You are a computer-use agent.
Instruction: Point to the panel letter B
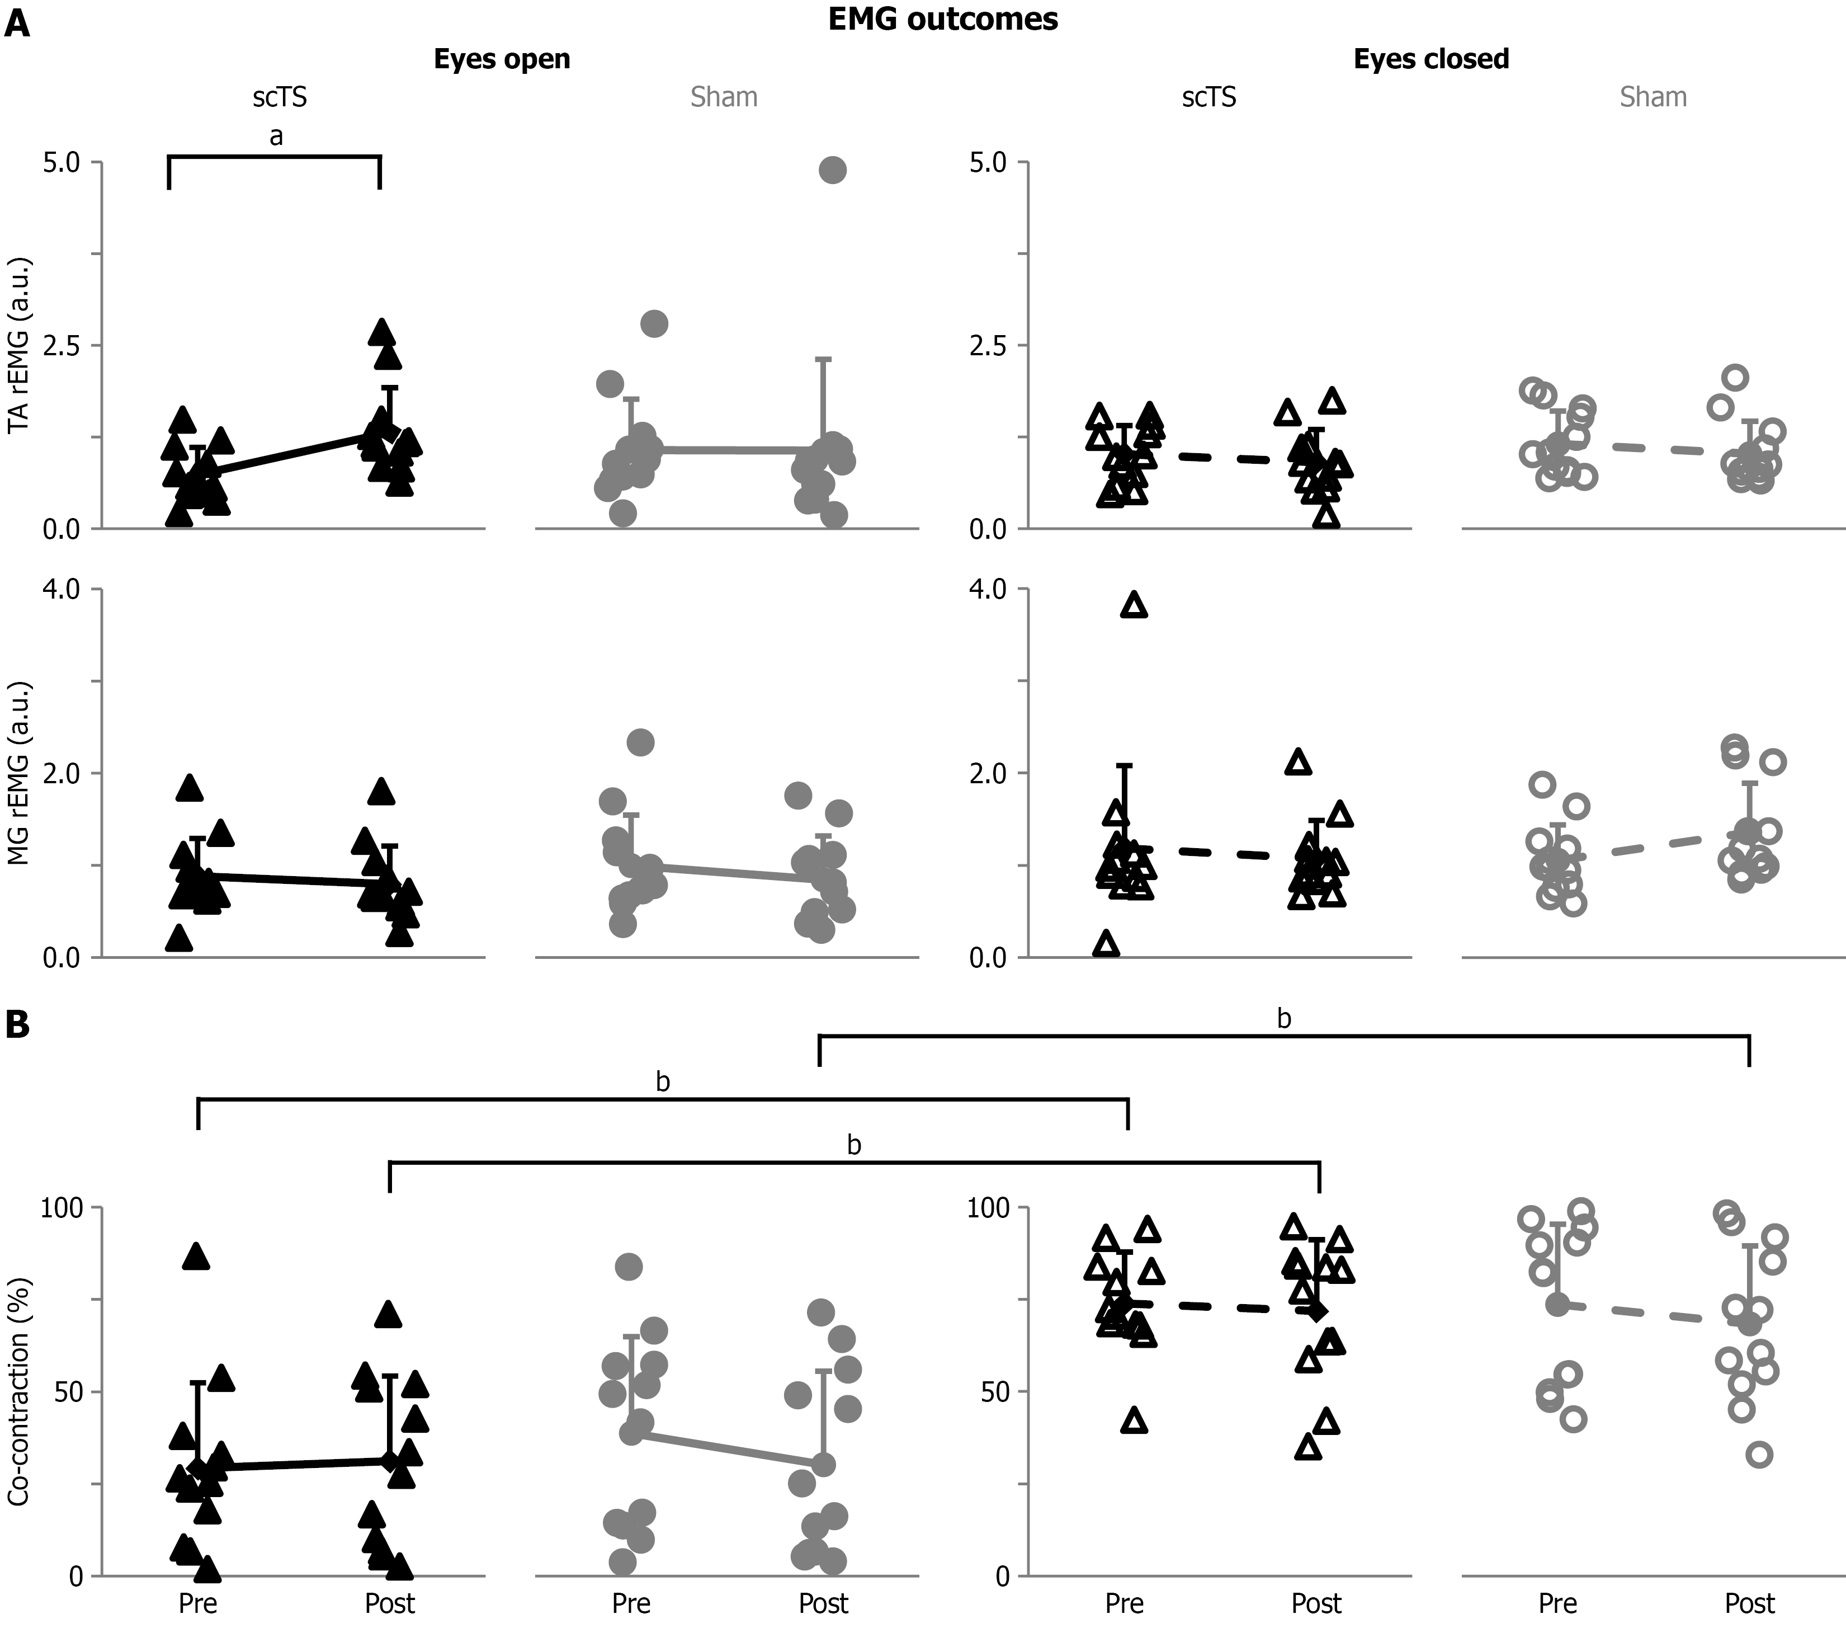point(17,1024)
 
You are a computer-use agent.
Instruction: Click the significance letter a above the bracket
point(276,137)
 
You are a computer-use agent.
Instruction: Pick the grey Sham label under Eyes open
point(724,97)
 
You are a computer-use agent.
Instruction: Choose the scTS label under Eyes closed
point(1208,97)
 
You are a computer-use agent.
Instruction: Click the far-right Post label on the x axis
point(1749,1603)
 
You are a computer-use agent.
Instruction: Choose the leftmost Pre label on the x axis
point(198,1603)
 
